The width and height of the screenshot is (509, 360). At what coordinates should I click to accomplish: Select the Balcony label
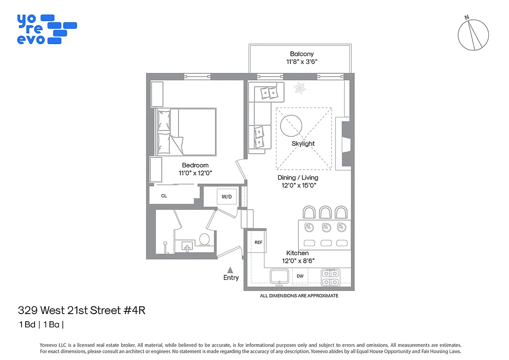(x=302, y=54)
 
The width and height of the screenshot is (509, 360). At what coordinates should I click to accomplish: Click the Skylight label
(x=303, y=144)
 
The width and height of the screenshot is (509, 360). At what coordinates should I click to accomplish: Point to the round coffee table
(x=291, y=126)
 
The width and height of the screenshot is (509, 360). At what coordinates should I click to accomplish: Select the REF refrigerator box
(x=259, y=242)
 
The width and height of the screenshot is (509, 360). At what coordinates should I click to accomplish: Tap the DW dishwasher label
(x=300, y=276)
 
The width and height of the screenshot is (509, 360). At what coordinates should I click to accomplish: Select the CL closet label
(x=164, y=196)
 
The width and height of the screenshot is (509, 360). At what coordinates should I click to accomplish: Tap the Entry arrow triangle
(x=230, y=270)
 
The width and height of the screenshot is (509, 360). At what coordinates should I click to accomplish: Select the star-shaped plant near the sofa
(x=299, y=88)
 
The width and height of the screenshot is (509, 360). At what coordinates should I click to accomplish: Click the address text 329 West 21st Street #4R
(x=82, y=310)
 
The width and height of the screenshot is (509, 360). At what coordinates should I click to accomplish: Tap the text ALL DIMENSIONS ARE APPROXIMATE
(x=299, y=296)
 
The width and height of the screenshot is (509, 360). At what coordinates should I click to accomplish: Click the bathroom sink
(x=187, y=245)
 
